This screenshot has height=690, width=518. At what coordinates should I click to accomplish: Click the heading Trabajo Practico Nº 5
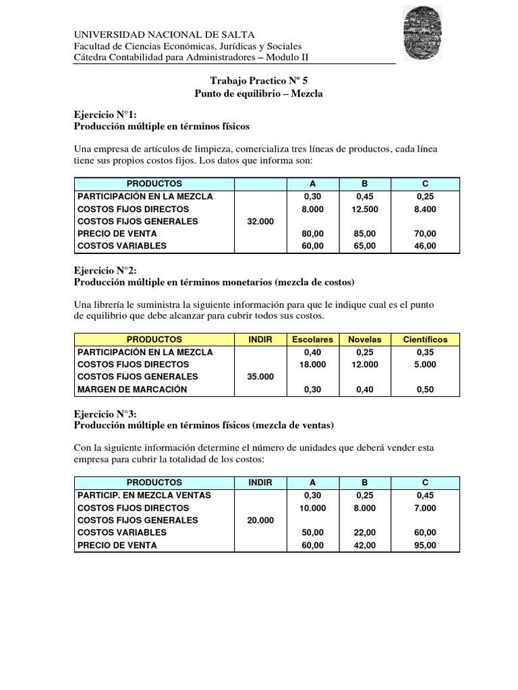click(258, 80)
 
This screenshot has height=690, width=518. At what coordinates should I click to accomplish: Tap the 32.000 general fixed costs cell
click(260, 222)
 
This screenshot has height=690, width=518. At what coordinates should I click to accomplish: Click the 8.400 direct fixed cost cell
click(425, 209)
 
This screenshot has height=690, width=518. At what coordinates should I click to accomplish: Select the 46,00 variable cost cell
click(425, 246)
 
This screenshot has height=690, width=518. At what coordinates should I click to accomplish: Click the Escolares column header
click(312, 340)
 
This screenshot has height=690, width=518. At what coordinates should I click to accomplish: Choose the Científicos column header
click(425, 340)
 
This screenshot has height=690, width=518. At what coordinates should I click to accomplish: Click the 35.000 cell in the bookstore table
click(260, 377)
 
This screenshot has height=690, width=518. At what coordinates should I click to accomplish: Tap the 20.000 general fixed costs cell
click(260, 520)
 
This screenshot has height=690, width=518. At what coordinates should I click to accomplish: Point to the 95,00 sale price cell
click(425, 545)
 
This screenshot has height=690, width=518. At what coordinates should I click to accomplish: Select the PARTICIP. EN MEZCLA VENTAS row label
click(144, 495)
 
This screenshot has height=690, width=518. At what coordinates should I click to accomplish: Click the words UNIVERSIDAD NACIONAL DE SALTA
click(164, 34)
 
